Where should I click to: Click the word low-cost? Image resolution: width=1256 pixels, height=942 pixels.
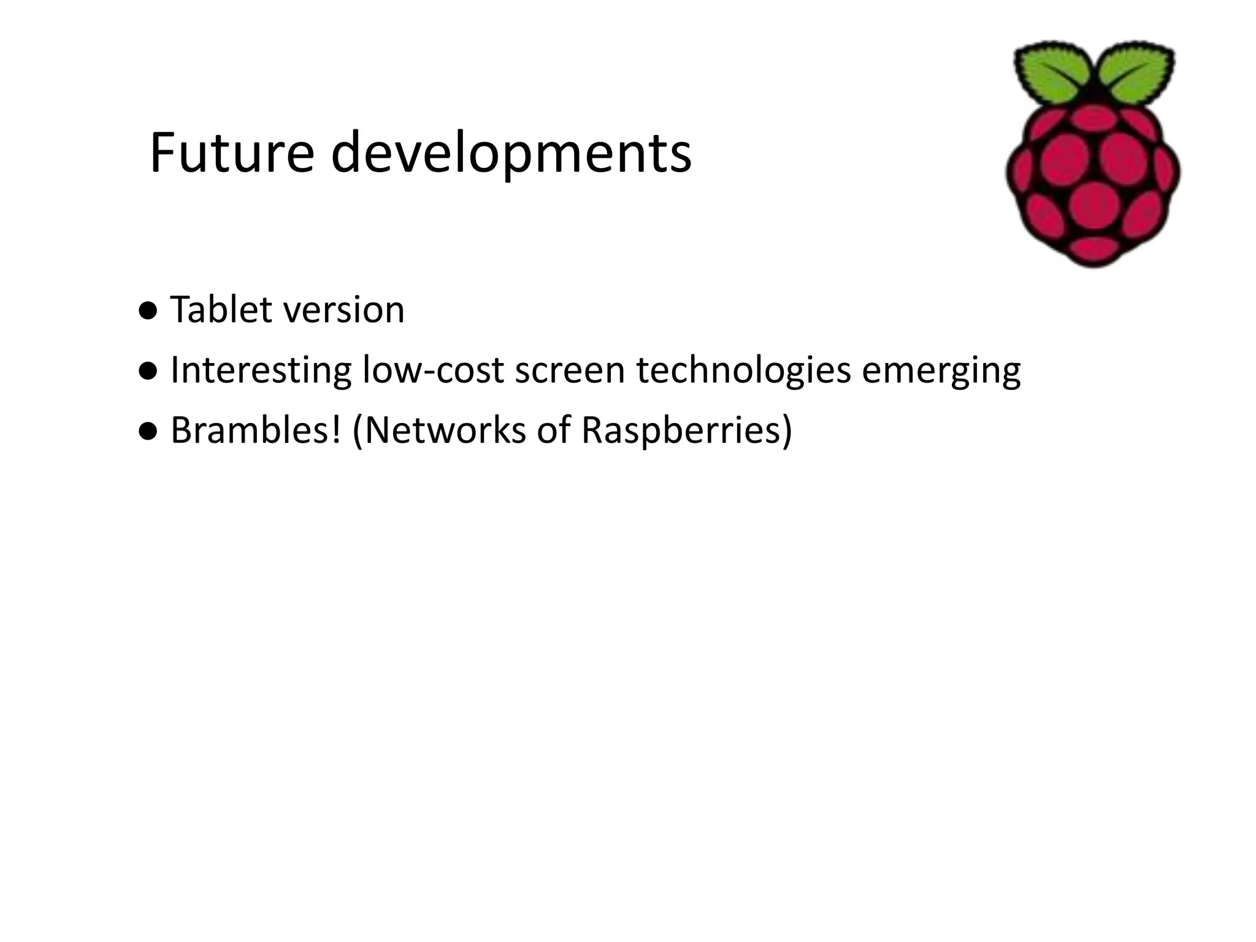click(x=433, y=370)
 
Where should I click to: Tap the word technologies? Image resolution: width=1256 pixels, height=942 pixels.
click(x=743, y=371)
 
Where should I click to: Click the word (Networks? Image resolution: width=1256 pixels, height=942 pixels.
click(x=439, y=431)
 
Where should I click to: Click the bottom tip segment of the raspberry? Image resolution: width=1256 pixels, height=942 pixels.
click(x=1093, y=248)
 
